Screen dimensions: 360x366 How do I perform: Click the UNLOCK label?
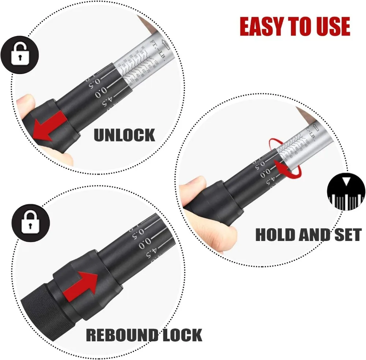click(124, 135)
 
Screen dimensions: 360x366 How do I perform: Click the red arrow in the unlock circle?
click(48, 126)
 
